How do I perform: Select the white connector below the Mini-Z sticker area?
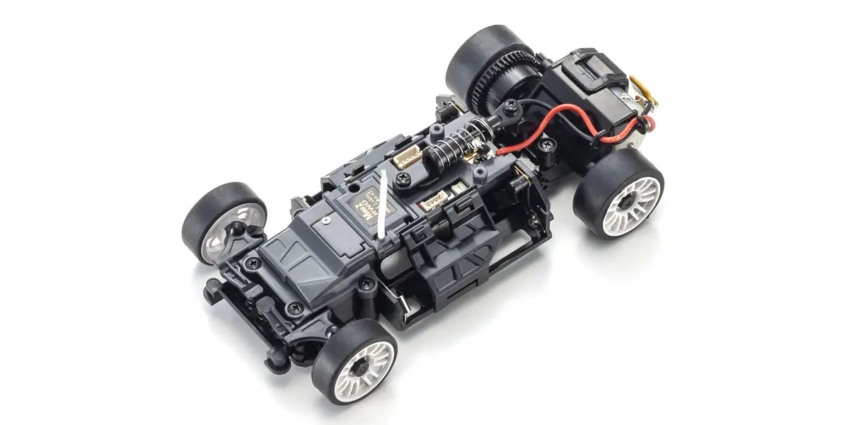[x=433, y=203]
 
